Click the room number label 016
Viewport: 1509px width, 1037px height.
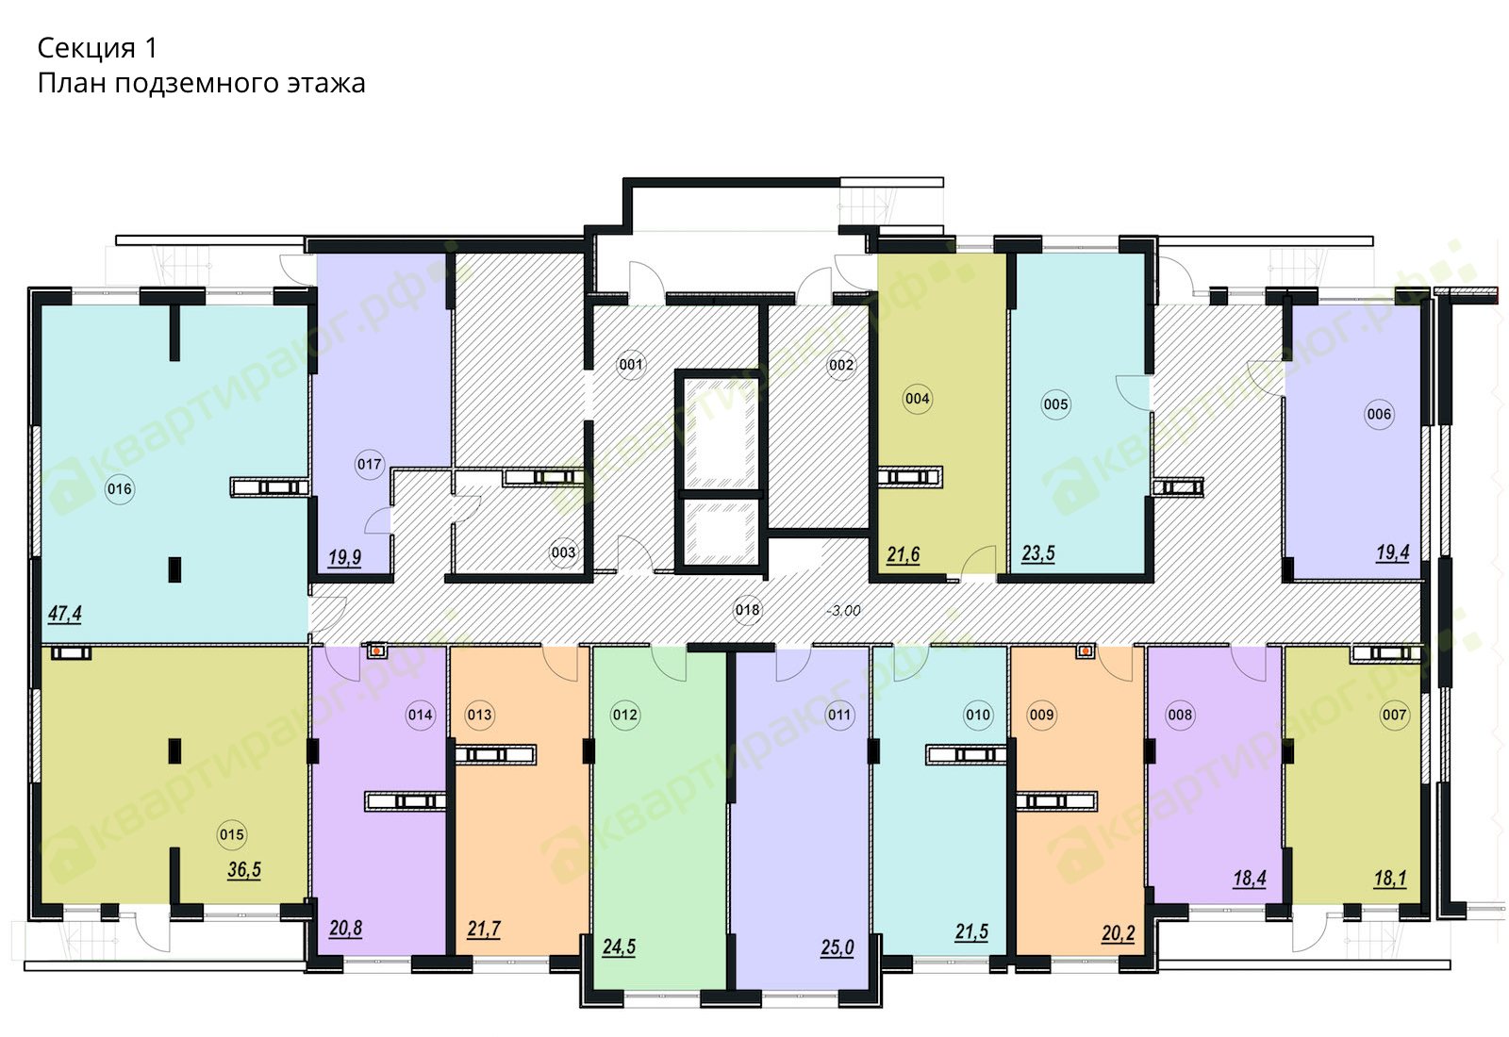[x=120, y=489]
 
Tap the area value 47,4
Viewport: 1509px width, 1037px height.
[x=65, y=614]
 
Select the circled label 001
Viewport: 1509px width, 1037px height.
[x=631, y=365]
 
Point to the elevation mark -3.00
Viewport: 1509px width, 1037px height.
[x=843, y=611]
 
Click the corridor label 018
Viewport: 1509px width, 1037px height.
[x=747, y=610]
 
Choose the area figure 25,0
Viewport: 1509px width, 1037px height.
[x=837, y=948]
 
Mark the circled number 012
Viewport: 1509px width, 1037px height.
[x=624, y=715]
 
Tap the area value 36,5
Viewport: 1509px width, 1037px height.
[x=244, y=870]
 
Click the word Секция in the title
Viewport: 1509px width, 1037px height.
[x=86, y=48]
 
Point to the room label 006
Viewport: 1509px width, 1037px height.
[x=1379, y=414]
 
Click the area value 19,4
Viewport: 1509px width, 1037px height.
[x=1392, y=552]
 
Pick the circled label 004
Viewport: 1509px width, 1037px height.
[x=917, y=399]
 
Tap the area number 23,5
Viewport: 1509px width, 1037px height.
[x=1038, y=553]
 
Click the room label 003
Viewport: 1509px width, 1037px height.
[x=563, y=552]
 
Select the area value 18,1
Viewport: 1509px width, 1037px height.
[x=1390, y=879]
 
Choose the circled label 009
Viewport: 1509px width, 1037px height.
[x=1041, y=715]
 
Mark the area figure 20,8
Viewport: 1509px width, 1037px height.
[x=345, y=930]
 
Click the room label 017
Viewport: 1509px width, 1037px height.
[x=369, y=464]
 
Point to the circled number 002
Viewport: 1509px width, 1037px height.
[x=840, y=366]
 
